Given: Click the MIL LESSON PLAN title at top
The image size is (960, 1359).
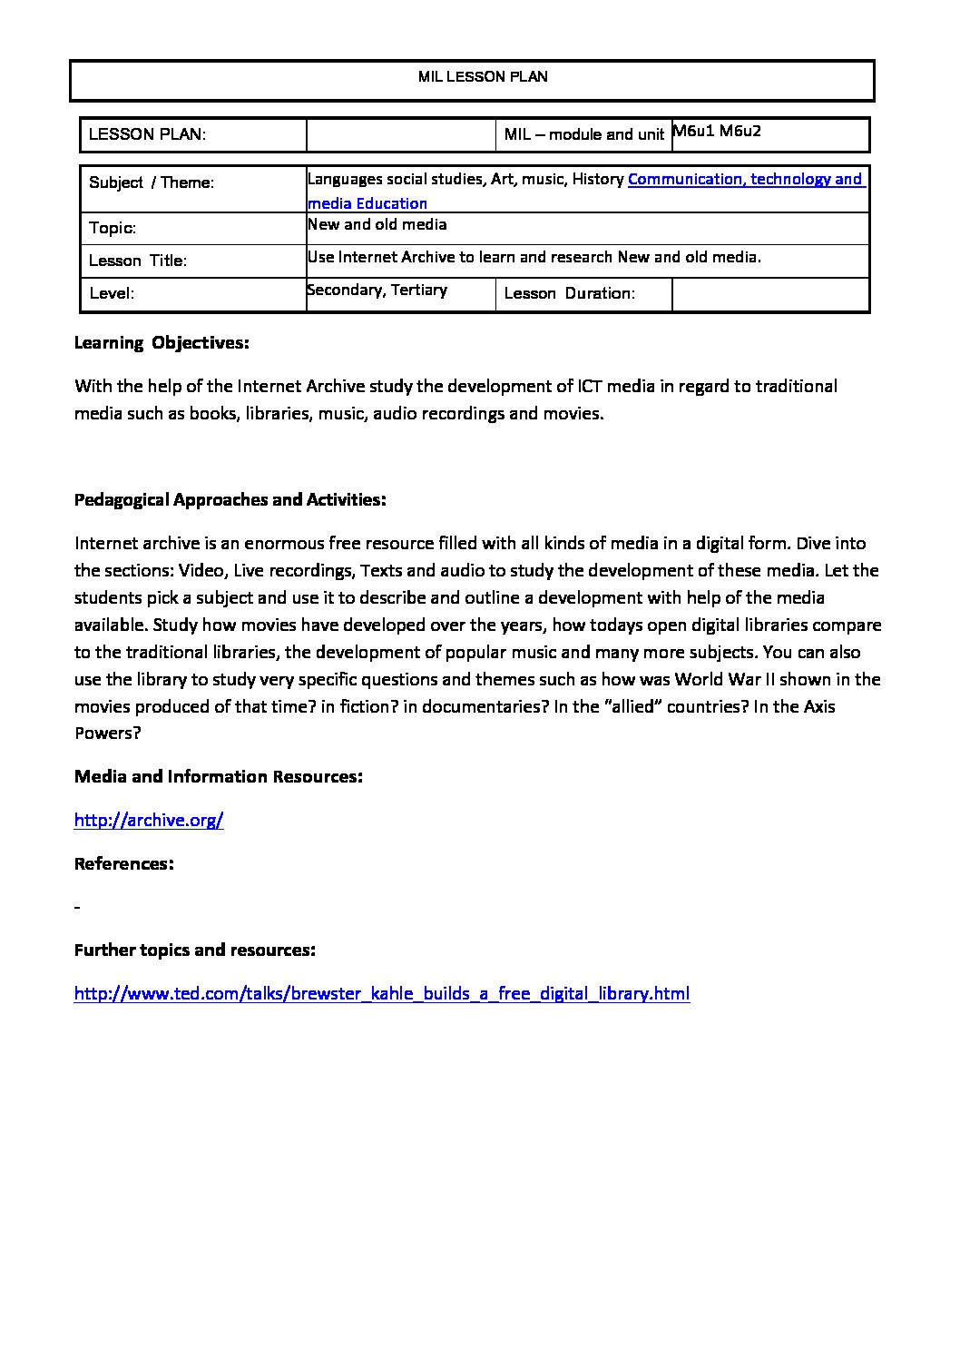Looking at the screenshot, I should tap(483, 77).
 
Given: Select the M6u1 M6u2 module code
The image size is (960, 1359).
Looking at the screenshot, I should tap(717, 131).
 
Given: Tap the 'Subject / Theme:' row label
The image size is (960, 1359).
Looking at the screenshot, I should tap(152, 182).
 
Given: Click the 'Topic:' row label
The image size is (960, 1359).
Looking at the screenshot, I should tap(113, 229).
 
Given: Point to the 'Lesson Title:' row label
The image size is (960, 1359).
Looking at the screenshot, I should tap(138, 261).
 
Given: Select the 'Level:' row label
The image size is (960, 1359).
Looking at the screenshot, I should tap(112, 294).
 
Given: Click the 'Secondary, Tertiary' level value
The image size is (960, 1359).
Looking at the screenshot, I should tap(377, 290).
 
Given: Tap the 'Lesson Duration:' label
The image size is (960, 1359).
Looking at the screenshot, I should tap(569, 293).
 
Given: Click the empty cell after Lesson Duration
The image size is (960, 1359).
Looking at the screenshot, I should tap(770, 294).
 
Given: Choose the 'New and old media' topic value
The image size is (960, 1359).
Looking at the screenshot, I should tap(377, 224).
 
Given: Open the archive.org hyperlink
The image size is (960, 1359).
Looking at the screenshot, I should tap(149, 821).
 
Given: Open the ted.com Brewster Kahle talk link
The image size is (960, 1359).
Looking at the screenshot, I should tap(381, 993).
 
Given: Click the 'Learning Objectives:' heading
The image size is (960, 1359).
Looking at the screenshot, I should tap(162, 343).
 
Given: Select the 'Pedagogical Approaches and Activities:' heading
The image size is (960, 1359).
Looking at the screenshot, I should tap(230, 500).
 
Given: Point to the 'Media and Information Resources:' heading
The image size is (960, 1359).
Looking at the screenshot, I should tap(219, 777).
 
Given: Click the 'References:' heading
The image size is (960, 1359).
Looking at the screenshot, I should tap(123, 863).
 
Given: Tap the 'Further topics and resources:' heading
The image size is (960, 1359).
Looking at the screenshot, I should tap(195, 950).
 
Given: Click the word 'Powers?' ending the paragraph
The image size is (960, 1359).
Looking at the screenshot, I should tap(107, 734).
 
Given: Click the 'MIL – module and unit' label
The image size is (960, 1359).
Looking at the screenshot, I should tap(584, 135).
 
